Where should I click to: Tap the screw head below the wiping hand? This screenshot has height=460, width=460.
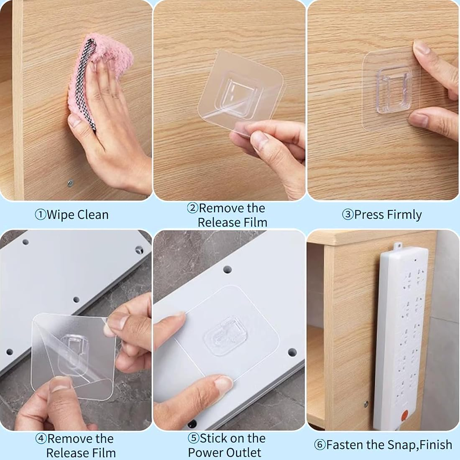coord(70,183)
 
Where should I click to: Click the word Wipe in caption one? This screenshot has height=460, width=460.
coord(61,215)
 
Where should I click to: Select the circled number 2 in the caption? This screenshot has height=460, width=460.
coord(192,208)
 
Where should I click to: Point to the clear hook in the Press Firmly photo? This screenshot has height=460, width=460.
coord(392,90)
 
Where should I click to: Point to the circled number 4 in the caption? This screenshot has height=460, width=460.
coord(41,439)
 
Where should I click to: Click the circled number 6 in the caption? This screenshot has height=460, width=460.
coord(319,445)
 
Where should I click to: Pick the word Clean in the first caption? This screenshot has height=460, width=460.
coord(92,215)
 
